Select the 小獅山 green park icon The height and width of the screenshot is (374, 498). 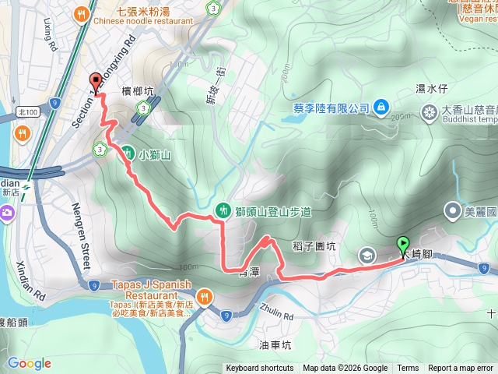126,154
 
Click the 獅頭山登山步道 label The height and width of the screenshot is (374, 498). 273,211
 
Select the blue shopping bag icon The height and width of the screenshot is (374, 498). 381,106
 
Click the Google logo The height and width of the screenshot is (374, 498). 30,363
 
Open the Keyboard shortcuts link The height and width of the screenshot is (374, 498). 260,369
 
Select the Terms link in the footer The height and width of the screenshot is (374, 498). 408,369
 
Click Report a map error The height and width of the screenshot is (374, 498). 461,369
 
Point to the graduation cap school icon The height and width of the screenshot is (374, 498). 366,255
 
